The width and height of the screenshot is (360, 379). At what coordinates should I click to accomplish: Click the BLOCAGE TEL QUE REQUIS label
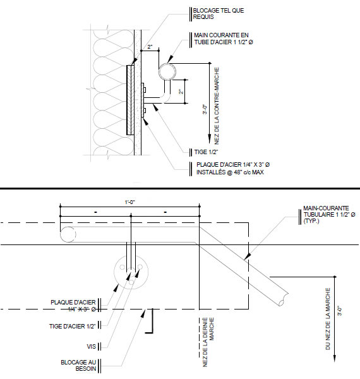click(x=219, y=14)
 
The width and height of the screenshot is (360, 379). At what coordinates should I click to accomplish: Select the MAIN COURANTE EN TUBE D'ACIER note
click(x=224, y=39)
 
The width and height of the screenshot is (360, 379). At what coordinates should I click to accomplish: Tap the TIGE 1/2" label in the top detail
click(x=206, y=152)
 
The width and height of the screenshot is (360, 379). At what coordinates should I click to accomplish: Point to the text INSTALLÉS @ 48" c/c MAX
click(x=230, y=172)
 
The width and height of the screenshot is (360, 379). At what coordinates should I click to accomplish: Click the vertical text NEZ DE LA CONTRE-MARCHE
click(x=217, y=106)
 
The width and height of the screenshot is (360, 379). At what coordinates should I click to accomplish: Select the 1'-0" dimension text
click(x=129, y=202)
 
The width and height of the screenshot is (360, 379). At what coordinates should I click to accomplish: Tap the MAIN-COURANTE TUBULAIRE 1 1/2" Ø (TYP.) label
click(x=329, y=214)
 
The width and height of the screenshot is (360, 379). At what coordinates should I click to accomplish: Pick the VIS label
click(x=92, y=347)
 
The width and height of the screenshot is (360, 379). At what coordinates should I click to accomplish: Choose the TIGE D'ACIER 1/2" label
click(x=73, y=327)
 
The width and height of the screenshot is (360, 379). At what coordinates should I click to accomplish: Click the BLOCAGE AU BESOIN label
click(x=78, y=366)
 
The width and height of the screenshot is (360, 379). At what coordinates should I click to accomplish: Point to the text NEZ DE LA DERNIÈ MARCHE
click(x=208, y=342)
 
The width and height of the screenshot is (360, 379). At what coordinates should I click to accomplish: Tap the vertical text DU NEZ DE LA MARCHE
click(x=328, y=318)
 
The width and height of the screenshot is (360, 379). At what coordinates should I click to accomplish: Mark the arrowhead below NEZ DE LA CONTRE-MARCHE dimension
click(x=210, y=140)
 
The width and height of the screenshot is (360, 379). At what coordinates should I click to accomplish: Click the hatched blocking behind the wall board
click(x=131, y=100)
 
